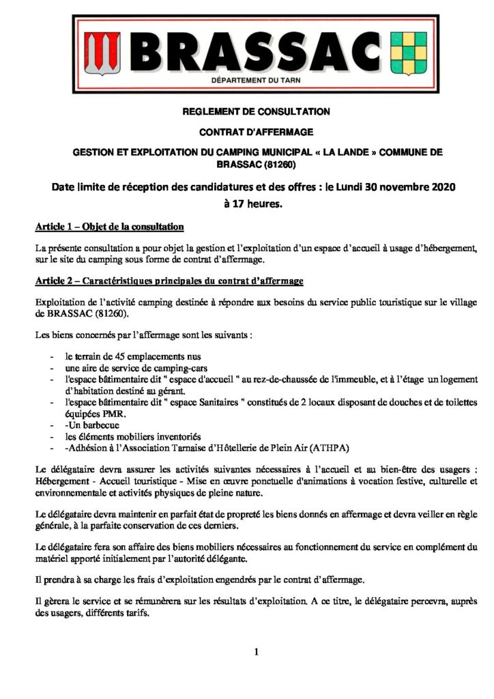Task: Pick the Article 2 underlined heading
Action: (169, 281)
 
